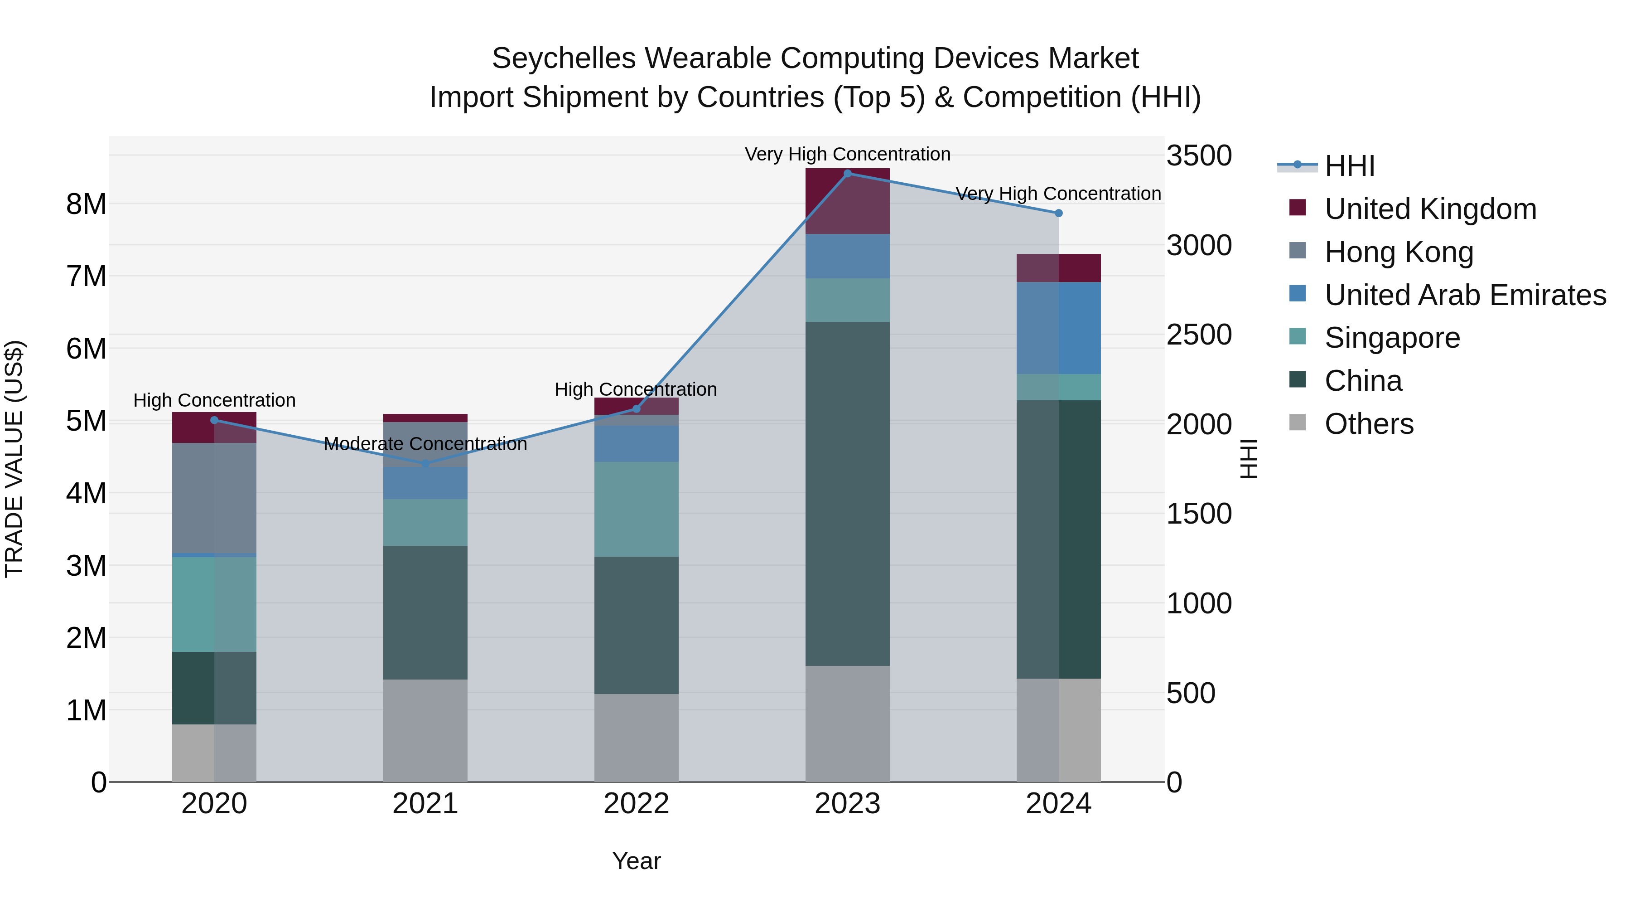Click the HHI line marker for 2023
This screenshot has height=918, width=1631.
pyautogui.click(x=847, y=173)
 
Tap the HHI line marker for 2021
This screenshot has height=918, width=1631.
pyautogui.click(x=425, y=464)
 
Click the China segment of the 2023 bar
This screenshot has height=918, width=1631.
pyautogui.click(x=847, y=494)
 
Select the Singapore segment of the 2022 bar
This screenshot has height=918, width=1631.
pyautogui.click(x=637, y=510)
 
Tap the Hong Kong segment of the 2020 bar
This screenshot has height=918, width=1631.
pyautogui.click(x=214, y=497)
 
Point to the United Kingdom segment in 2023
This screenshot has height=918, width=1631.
pyautogui.click(x=847, y=201)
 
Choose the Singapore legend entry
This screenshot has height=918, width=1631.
pyautogui.click(x=1392, y=338)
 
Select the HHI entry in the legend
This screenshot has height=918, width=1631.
pyautogui.click(x=1349, y=166)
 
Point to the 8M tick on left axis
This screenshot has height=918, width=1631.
pyautogui.click(x=86, y=204)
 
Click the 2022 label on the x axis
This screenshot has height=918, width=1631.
pyautogui.click(x=637, y=804)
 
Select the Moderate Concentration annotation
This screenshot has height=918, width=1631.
pyautogui.click(x=425, y=444)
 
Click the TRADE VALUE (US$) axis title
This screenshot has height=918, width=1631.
pyautogui.click(x=14, y=459)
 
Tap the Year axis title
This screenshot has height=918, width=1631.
pyautogui.click(x=637, y=861)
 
